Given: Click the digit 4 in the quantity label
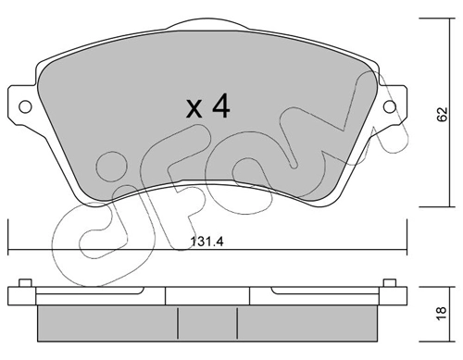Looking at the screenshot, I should [219, 107].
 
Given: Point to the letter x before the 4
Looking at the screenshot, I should [194, 110].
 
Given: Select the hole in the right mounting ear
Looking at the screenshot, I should [394, 104].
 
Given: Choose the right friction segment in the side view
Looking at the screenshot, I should [306, 320].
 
